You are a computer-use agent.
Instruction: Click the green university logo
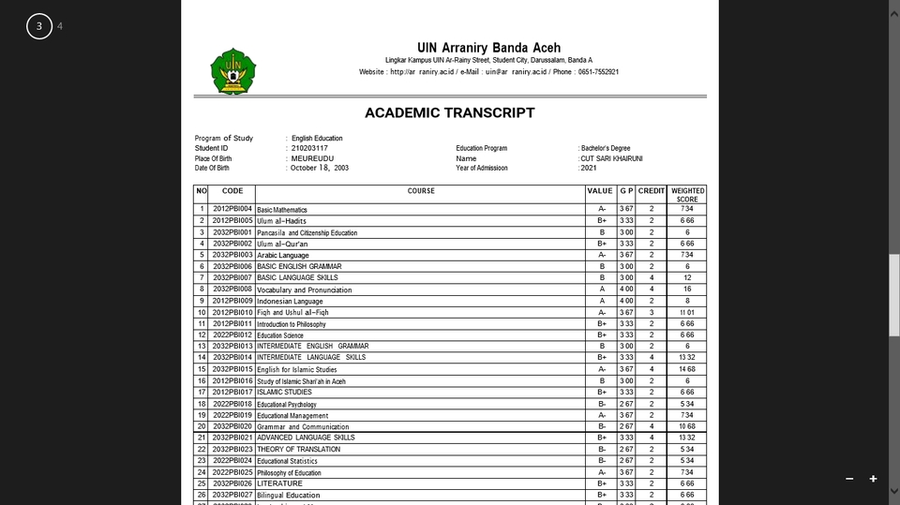232,70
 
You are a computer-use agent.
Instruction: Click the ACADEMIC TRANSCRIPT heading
449,113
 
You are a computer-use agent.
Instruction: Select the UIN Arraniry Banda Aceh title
488,48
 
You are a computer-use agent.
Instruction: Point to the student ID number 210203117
309,148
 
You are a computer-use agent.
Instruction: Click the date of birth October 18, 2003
320,168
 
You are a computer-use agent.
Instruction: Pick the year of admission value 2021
590,168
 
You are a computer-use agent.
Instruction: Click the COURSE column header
421,191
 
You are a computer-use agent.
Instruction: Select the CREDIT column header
652,191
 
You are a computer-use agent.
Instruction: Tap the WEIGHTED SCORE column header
687,195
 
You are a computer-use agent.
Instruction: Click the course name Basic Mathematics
282,210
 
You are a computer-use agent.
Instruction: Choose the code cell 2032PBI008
232,290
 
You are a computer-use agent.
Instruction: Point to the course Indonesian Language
290,302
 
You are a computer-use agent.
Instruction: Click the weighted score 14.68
687,369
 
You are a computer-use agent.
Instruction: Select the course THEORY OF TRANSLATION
298,450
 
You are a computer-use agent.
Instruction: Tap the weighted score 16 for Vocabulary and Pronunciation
687,290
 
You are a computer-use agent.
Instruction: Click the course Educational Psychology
287,405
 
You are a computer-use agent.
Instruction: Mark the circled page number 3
38,26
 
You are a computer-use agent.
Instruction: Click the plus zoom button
873,479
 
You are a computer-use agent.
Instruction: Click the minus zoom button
849,479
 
